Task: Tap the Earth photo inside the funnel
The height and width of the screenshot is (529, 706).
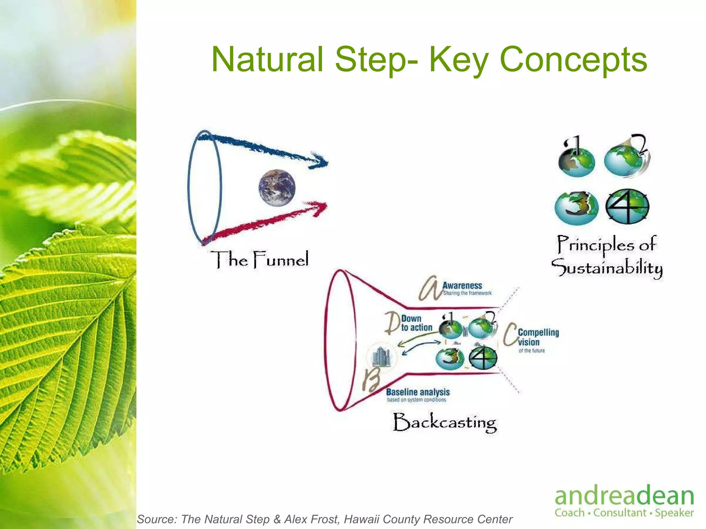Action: coord(277,188)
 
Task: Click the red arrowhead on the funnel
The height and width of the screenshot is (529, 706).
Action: coord(319,208)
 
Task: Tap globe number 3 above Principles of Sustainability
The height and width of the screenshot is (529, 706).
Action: coord(576,208)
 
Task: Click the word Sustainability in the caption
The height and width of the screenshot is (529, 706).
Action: coord(607,268)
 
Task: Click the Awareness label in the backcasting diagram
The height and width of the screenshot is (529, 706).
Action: coord(462,286)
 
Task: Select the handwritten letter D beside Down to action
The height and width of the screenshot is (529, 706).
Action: coord(392,323)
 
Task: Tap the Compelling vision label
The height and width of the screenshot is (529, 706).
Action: coord(538,337)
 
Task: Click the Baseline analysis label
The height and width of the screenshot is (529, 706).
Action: coord(418,392)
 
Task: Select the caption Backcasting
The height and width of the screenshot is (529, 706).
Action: coord(445,422)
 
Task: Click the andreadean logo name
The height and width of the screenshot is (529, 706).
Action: coord(624,496)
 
